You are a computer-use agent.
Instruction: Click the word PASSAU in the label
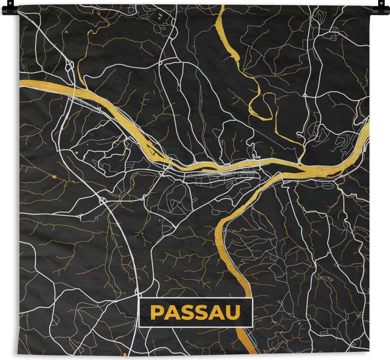point(195,312)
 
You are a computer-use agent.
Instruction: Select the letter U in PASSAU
point(234,312)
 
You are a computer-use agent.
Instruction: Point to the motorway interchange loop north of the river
point(70,67)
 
